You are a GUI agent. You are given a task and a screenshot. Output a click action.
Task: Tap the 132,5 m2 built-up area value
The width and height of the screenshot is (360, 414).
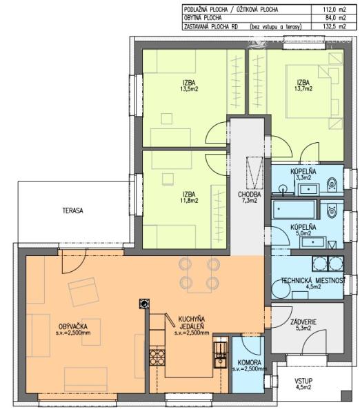(x=339, y=28)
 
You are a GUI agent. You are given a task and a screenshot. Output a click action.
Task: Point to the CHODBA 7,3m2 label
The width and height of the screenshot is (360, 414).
(x=250, y=197)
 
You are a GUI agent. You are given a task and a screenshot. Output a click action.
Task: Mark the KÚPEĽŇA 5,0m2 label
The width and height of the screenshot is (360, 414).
(x=303, y=230)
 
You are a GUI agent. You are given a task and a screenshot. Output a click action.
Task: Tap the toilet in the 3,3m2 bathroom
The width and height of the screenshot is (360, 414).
(x=332, y=183)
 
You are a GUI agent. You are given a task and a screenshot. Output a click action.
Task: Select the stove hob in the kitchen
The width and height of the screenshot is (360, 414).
(x=157, y=359)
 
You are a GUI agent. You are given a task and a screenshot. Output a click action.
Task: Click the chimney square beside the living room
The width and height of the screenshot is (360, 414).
(x=144, y=303)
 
